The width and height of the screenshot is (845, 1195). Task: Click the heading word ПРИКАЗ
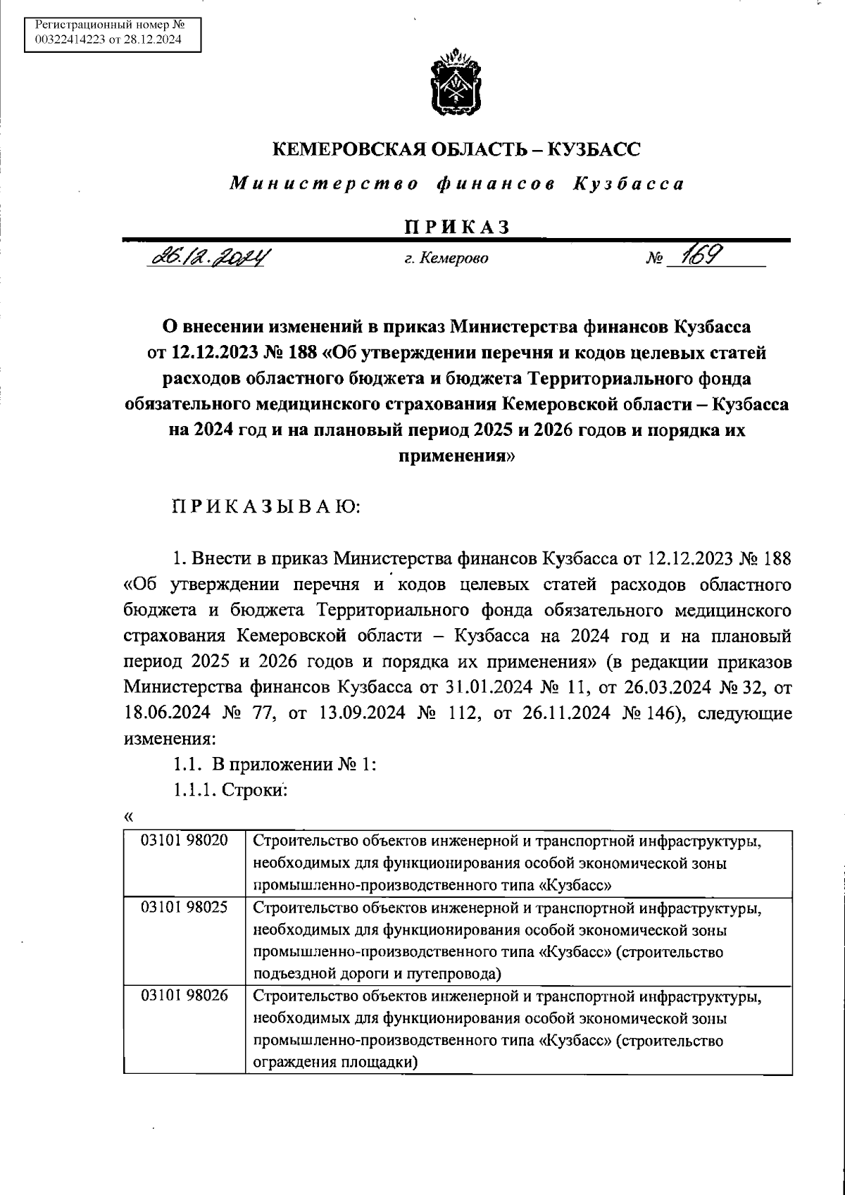(456, 227)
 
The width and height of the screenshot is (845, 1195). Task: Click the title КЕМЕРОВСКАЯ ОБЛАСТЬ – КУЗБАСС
(456, 149)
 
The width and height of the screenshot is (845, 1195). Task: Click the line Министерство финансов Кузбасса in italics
(456, 184)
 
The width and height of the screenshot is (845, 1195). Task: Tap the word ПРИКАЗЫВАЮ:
(266, 507)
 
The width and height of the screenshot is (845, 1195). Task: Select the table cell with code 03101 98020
(184, 841)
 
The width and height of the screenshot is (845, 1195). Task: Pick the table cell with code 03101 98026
(184, 997)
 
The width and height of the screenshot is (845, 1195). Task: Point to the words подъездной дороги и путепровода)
(377, 975)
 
